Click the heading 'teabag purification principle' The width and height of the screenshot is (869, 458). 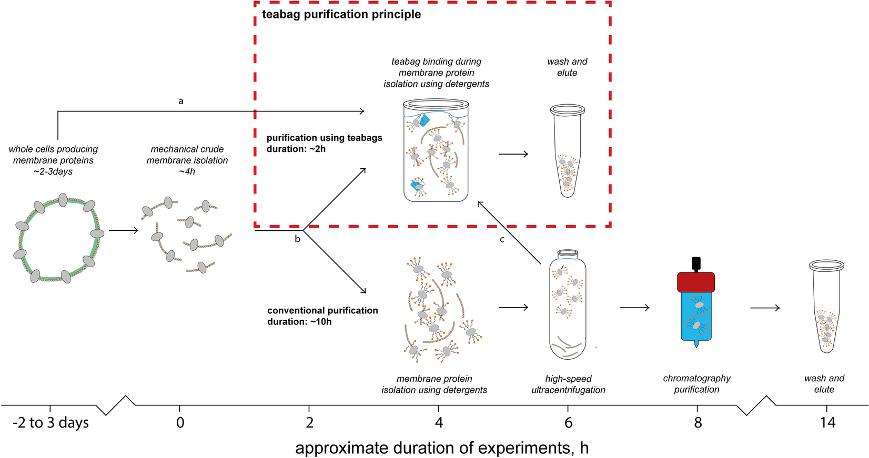341,14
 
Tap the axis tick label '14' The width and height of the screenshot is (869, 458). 827,423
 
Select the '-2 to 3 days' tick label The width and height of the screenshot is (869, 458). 51,423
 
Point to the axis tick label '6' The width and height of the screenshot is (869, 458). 568,423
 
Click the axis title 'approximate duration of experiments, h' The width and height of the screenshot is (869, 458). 442,448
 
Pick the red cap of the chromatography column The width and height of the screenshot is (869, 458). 696,282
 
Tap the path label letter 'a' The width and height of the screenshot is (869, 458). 181,101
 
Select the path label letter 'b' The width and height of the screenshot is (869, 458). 297,239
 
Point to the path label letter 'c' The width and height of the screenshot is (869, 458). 502,240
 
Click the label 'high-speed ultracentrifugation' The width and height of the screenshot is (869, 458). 568,384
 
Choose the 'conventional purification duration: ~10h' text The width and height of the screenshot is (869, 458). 322,316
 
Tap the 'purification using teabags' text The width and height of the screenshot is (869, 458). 325,138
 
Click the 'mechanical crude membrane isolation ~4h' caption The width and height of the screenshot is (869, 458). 187,160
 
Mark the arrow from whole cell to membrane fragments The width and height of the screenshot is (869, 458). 124,230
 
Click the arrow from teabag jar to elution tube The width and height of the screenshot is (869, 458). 513,154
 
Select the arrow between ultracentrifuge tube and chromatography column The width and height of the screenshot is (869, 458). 635,307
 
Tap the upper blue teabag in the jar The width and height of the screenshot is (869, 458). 423,120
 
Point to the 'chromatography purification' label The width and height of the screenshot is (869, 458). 696,384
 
